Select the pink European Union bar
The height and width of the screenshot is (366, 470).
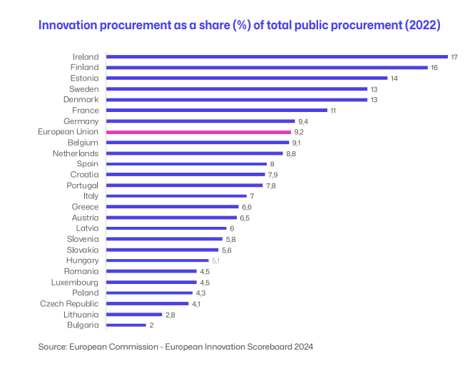tap(198, 132)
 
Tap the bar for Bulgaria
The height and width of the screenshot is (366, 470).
tap(126, 325)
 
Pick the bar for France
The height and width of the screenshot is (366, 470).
tap(216, 111)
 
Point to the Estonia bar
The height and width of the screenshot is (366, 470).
tap(246, 78)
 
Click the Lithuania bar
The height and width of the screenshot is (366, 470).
tap(133, 315)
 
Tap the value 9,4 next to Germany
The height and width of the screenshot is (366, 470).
tap(303, 121)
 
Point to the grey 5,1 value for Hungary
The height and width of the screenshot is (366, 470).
tap(215, 261)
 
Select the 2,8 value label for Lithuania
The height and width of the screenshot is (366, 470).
tap(170, 315)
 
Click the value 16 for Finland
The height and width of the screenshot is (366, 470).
tap(434, 68)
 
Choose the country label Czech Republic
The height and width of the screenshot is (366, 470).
tap(69, 304)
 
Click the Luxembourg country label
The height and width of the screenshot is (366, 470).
tap(73, 283)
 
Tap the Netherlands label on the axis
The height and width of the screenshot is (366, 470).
tap(76, 153)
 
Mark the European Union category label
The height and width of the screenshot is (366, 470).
tap(68, 132)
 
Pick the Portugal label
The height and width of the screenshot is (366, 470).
tap(82, 185)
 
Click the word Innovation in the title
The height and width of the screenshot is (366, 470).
tap(68, 26)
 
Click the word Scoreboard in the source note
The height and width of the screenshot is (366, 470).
tap(250, 347)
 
